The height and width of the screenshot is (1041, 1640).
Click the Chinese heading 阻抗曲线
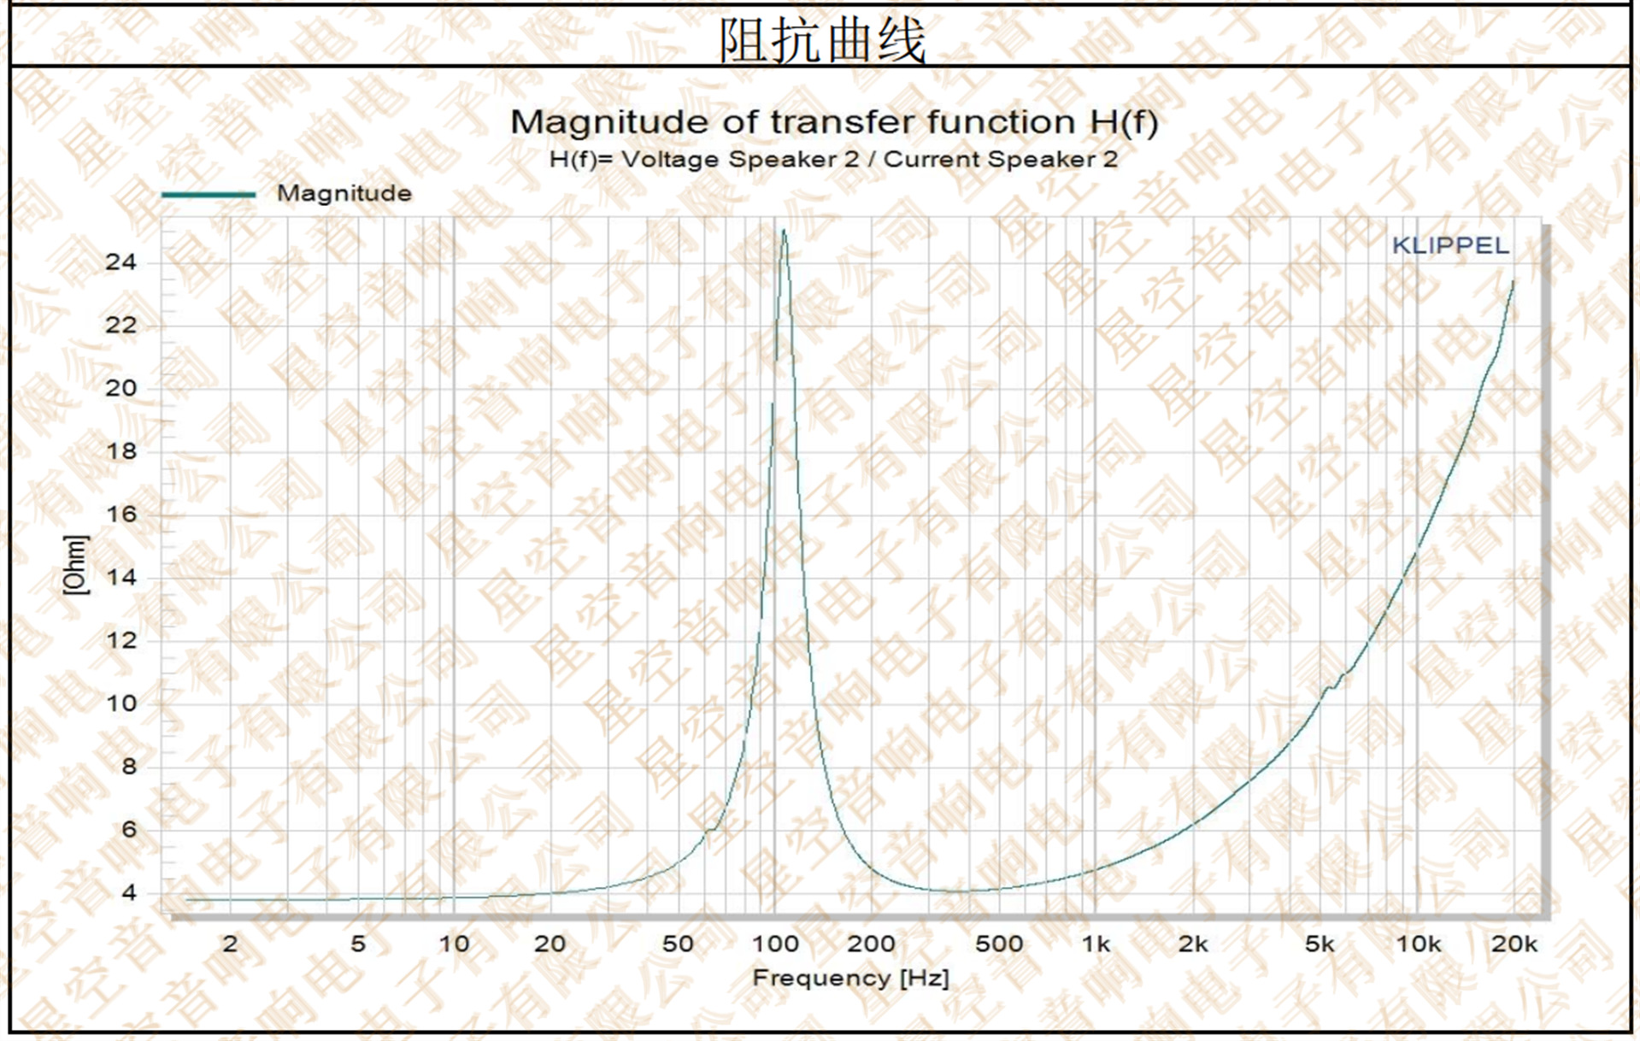(x=821, y=40)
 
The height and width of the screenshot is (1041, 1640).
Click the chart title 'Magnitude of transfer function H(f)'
(x=833, y=122)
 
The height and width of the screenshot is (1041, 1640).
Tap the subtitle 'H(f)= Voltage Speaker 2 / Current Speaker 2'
(x=833, y=160)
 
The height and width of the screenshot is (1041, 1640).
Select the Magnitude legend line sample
(x=209, y=195)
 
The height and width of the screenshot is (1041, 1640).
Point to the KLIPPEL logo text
(x=1449, y=246)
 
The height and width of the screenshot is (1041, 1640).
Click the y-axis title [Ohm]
(x=76, y=564)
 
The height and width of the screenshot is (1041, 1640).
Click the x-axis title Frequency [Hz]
(x=850, y=978)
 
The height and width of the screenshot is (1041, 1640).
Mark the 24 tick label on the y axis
(x=121, y=262)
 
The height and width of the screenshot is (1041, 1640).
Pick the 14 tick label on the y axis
(x=121, y=578)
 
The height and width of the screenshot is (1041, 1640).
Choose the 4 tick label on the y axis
(x=128, y=893)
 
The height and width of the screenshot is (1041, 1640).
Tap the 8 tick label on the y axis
(x=128, y=767)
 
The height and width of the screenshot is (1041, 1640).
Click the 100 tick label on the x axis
(x=774, y=944)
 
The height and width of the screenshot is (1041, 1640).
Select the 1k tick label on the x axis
(x=1095, y=944)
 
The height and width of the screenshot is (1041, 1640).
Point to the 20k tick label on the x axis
(x=1514, y=944)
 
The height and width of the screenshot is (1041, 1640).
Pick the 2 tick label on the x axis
(x=230, y=944)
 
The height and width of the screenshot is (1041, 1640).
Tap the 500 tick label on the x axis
(x=998, y=944)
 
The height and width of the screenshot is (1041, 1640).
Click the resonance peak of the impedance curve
(x=783, y=231)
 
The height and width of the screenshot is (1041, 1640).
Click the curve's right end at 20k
(x=1513, y=282)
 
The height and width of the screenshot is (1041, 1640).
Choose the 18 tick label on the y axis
(x=121, y=451)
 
